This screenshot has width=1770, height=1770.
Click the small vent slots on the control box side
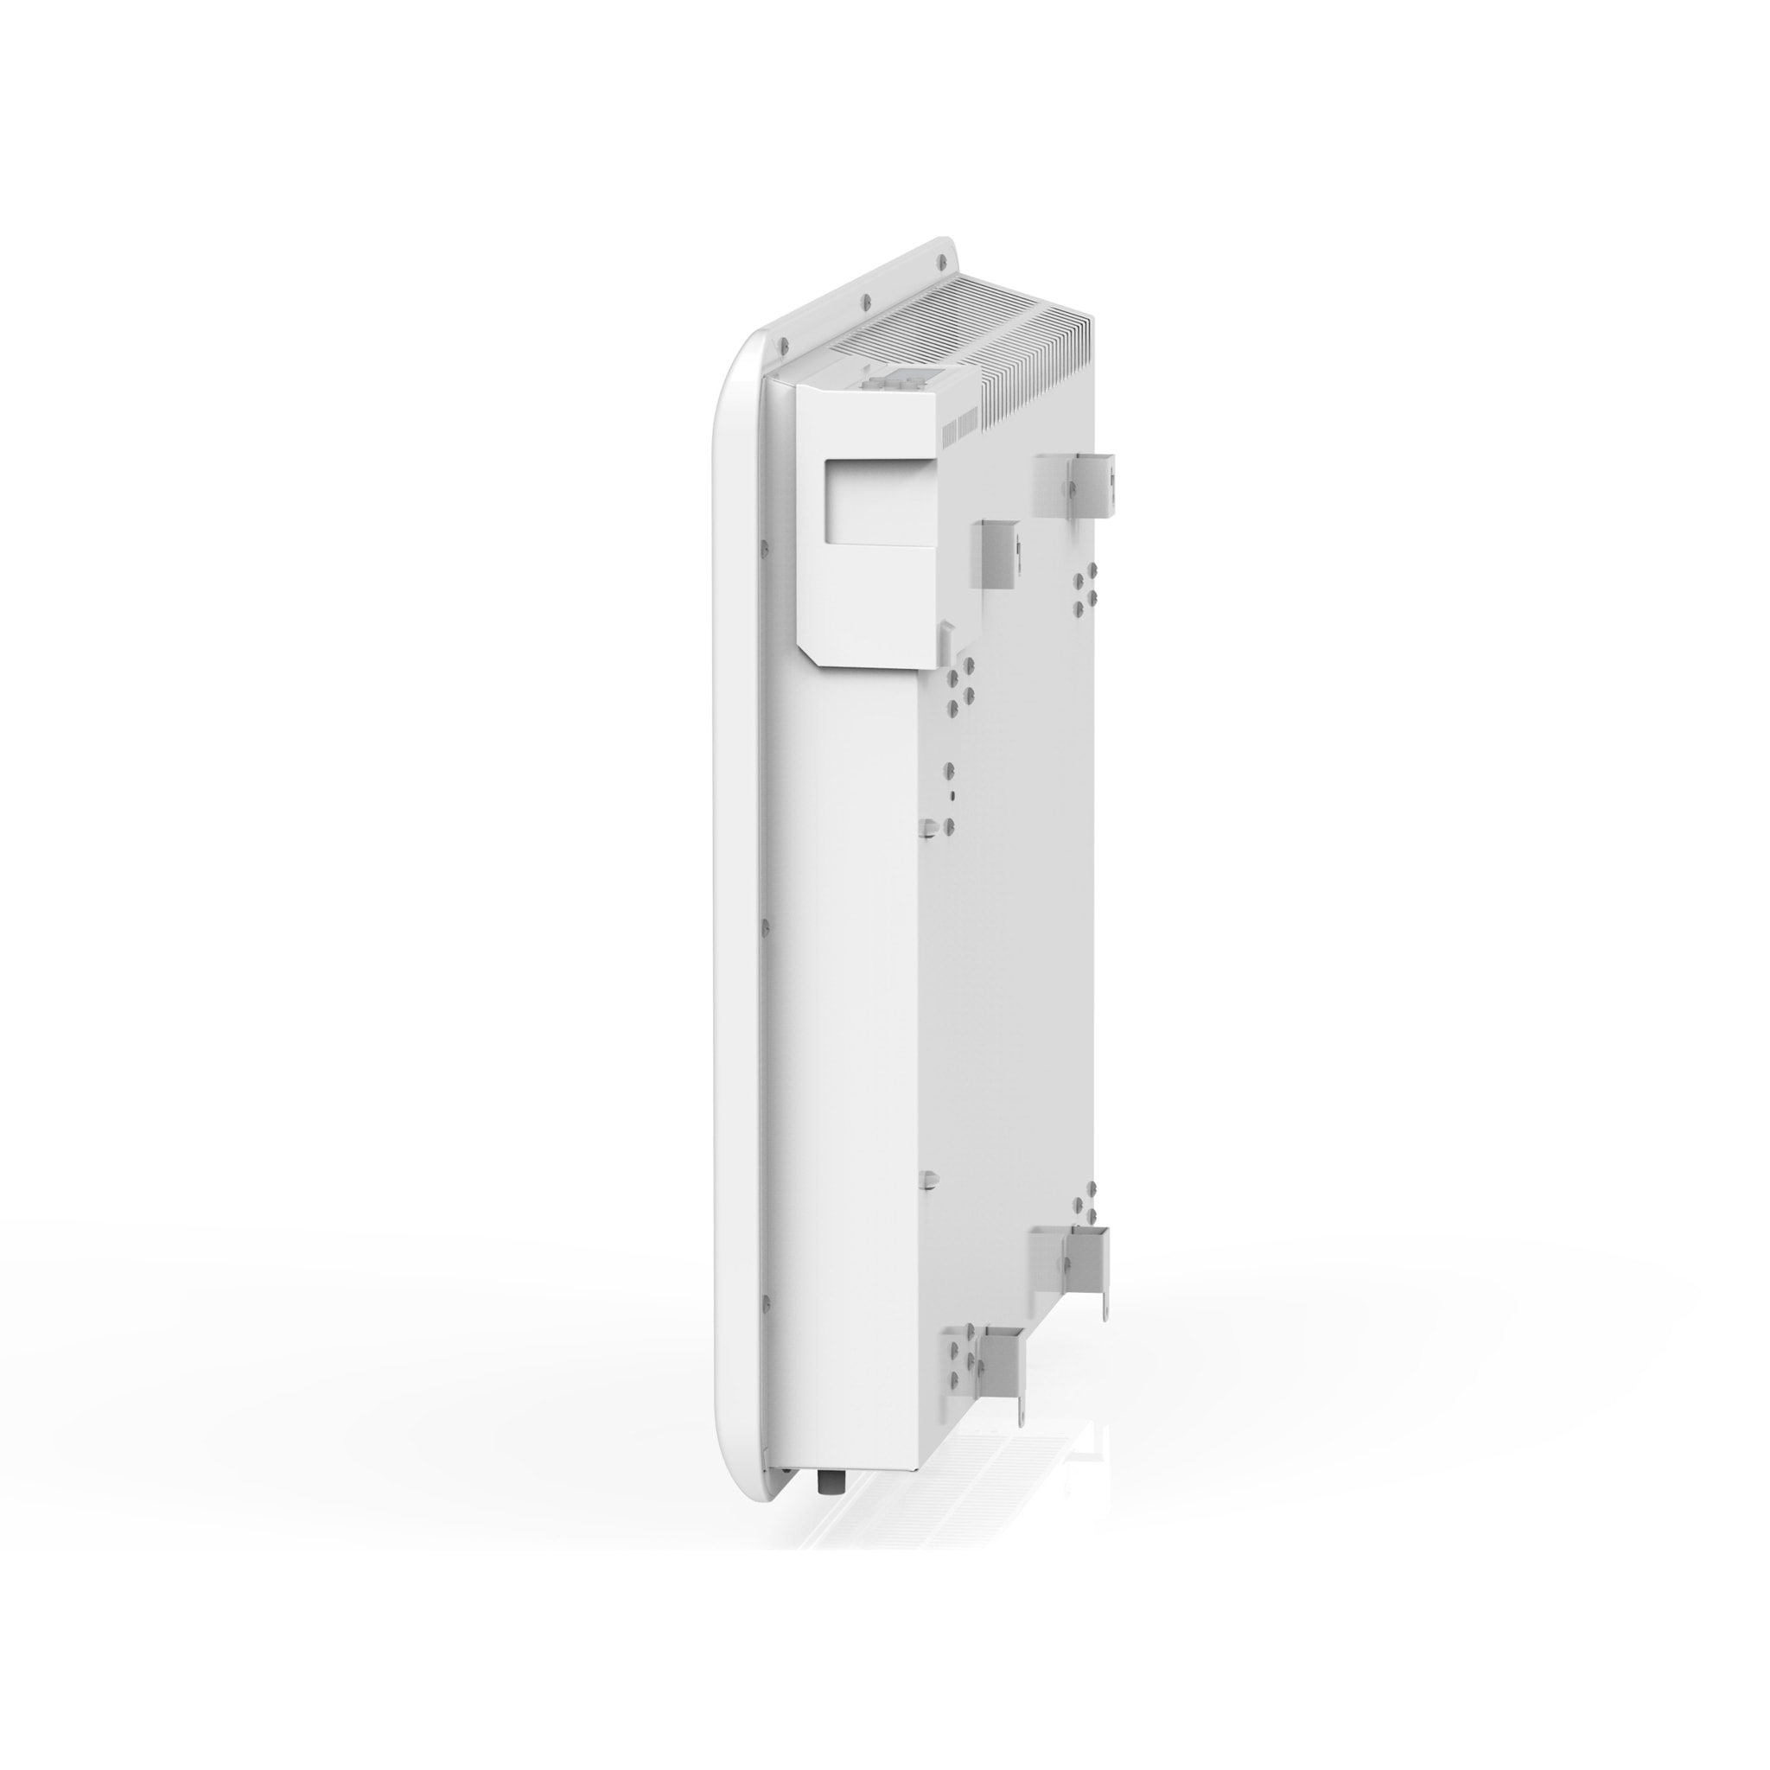tap(958, 425)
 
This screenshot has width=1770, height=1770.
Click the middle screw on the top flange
tap(863, 300)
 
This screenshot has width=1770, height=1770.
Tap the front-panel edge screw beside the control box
tap(761, 551)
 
